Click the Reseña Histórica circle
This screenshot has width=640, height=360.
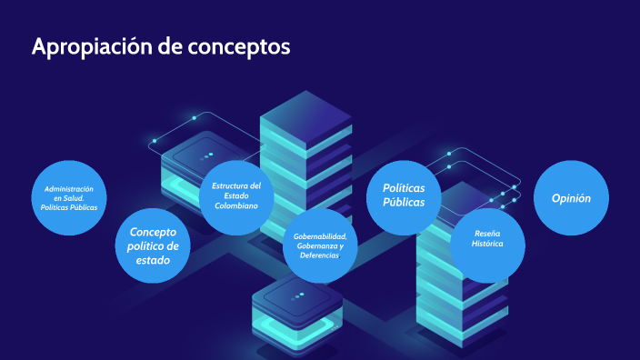tap(488, 241)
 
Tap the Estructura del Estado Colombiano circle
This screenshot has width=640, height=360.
tap(236, 195)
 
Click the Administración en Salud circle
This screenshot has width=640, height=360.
tap(69, 198)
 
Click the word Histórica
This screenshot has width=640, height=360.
tap(487, 245)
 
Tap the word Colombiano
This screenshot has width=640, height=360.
tap(236, 205)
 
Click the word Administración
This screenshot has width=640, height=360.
tap(69, 188)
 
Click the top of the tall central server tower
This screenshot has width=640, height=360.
tap(305, 114)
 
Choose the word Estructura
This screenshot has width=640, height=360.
tap(236, 185)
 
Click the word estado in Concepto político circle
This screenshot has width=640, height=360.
tap(153, 260)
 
